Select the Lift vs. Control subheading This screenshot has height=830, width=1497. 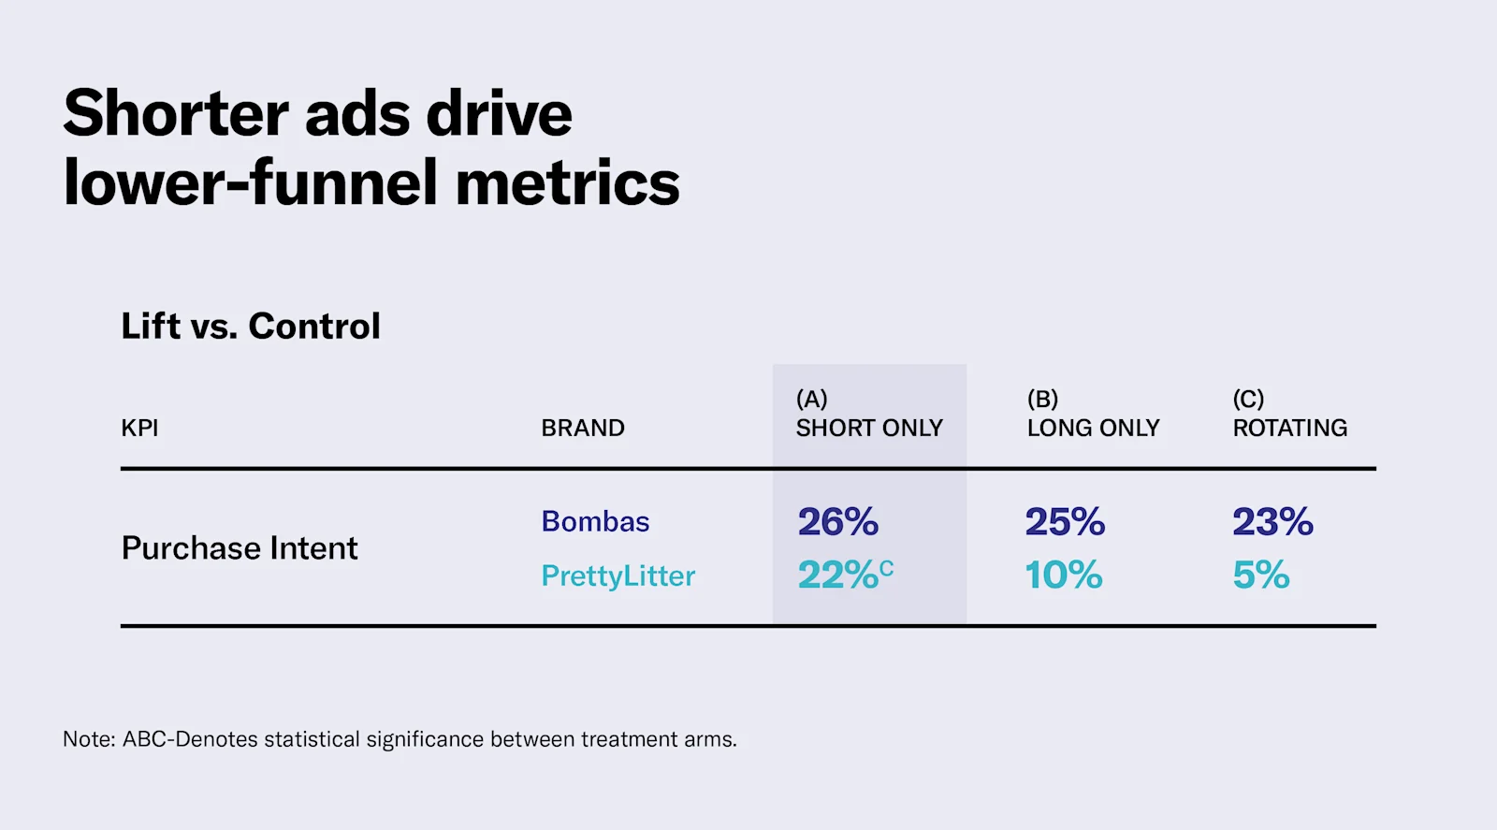[x=251, y=327]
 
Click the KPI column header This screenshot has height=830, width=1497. [x=139, y=428]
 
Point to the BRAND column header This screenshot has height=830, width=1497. [x=582, y=428]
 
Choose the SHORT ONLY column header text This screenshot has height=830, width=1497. [x=868, y=428]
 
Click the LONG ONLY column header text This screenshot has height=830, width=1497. [x=1093, y=428]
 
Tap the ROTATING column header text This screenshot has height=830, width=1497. [x=1289, y=428]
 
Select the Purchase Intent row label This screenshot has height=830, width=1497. [x=240, y=547]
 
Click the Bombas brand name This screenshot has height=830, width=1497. [x=595, y=521]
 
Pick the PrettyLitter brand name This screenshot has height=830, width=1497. [x=618, y=575]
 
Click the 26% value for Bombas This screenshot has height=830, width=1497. [x=837, y=521]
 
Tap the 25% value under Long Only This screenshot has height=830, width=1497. [x=1065, y=521]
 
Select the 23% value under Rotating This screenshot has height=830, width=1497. [x=1272, y=521]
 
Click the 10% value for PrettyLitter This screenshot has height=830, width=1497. [x=1063, y=575]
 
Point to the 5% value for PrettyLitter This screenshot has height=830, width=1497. [x=1260, y=575]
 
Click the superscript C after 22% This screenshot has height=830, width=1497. [x=887, y=567]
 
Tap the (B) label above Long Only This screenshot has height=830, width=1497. [x=1042, y=400]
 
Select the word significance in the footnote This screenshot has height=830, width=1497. [x=425, y=739]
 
